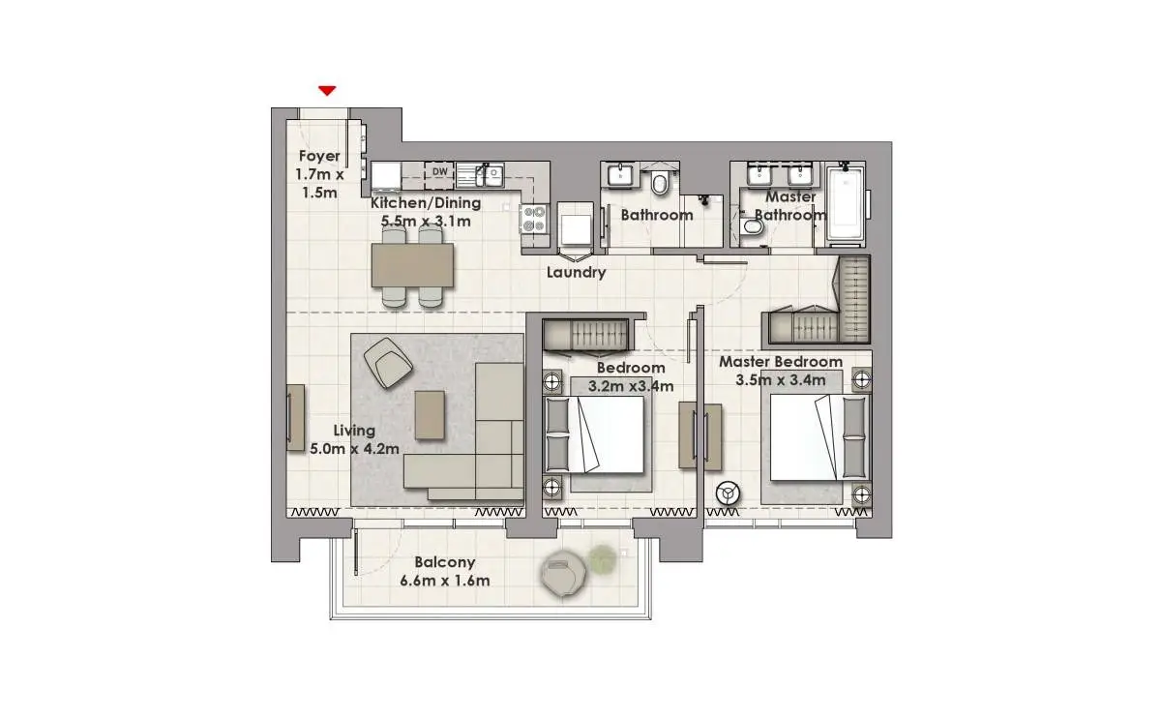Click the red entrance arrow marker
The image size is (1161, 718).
(327, 91)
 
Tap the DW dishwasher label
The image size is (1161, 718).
(440, 171)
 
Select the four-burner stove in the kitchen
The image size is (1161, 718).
(534, 219)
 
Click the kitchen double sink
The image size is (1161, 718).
(481, 175)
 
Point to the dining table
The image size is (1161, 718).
(412, 265)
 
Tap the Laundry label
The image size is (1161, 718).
(577, 272)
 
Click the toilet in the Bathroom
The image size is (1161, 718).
(660, 182)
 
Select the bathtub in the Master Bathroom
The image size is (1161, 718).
(846, 205)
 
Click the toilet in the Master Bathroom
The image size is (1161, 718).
(751, 226)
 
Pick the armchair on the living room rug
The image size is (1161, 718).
(388, 362)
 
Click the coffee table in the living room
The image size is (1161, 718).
(430, 415)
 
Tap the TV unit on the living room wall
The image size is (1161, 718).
(295, 417)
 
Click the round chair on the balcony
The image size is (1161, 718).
(563, 573)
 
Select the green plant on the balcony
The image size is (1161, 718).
(602, 557)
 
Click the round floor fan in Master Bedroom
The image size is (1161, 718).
(728, 494)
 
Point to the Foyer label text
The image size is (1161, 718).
(319, 156)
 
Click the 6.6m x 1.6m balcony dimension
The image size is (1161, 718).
(445, 581)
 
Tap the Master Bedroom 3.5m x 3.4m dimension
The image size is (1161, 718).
(781, 380)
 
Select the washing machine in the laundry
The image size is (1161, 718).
(576, 228)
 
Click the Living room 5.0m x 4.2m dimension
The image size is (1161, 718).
(354, 448)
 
